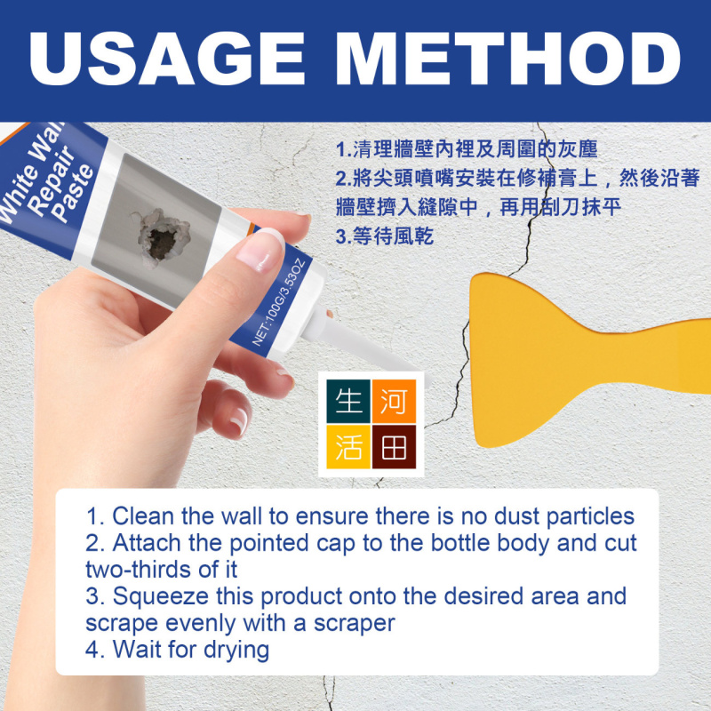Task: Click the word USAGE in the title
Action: [166, 59]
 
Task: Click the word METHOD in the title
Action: [508, 59]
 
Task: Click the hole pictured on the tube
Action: [162, 237]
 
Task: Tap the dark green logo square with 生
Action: [348, 402]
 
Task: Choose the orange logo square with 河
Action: [394, 402]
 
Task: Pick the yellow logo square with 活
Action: [348, 447]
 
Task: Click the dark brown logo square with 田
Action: [394, 447]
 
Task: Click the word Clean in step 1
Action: [143, 516]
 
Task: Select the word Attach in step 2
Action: [147, 543]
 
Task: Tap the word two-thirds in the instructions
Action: [139, 570]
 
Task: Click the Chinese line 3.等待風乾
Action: [385, 236]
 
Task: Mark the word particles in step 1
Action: [590, 517]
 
